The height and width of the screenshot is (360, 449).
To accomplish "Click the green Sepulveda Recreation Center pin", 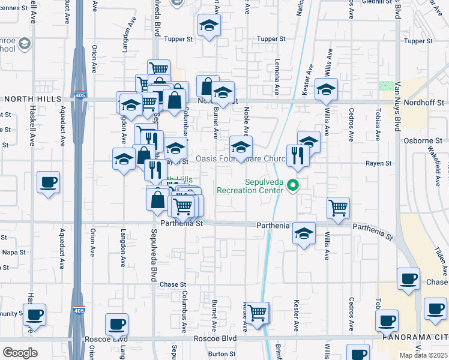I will pos(293,185).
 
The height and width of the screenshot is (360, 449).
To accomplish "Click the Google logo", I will pos(20,353).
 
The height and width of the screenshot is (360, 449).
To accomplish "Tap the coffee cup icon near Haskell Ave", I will pos(48,182).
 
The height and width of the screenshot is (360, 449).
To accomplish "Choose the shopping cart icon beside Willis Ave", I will pos(339,208).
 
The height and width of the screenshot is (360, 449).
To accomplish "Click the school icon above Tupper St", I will pos(209,25).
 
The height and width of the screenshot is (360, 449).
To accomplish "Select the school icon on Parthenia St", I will pos(304,232).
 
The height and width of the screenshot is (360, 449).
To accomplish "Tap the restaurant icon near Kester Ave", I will pos(297,155).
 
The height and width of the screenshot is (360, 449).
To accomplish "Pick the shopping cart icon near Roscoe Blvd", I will pos(258,312).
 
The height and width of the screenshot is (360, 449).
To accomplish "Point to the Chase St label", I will pos(173,284).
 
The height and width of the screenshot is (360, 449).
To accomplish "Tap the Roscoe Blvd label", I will pos(214,338).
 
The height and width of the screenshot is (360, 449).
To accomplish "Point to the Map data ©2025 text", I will pos(423,356).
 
